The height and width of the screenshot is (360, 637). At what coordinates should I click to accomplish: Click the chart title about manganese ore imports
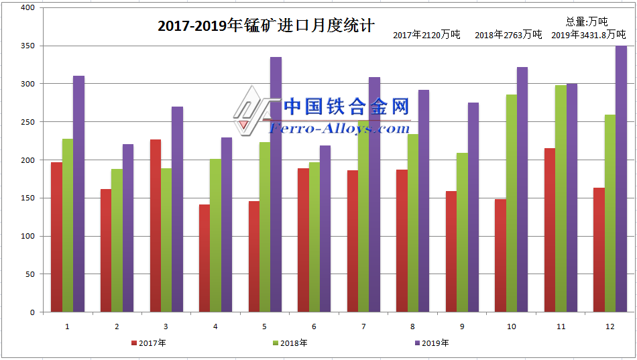[266, 26]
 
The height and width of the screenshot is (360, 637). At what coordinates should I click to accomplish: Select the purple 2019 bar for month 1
[78, 194]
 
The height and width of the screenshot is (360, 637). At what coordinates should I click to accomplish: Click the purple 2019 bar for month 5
[276, 184]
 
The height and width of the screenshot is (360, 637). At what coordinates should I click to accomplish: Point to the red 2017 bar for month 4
[205, 258]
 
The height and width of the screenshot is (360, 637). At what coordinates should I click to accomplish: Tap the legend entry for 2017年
[148, 343]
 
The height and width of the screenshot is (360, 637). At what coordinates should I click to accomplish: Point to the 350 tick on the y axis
[27, 46]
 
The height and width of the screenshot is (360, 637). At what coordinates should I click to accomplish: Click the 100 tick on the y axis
[27, 236]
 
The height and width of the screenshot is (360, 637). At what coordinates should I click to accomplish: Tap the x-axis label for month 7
[363, 327]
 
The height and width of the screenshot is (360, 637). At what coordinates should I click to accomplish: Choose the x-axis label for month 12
[610, 327]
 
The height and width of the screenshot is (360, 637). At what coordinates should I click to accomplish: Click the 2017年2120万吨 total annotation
[426, 35]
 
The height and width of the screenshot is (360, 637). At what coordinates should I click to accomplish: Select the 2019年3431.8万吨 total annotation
[588, 35]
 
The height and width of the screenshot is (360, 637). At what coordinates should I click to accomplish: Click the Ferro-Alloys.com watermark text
[339, 128]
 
